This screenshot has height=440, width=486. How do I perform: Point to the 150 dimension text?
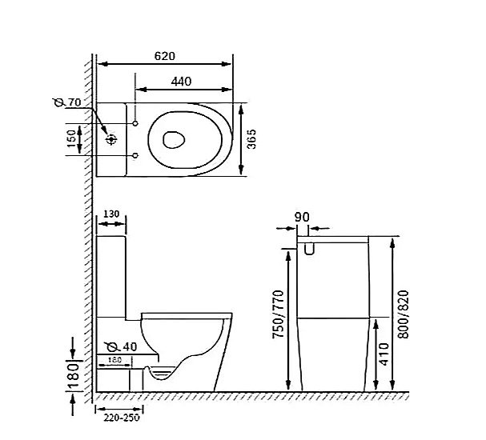point(71,140)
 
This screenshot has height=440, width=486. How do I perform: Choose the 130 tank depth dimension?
point(111,215)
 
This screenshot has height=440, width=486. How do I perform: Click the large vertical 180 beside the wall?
point(72,373)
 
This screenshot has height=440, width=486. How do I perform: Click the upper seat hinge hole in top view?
point(135,124)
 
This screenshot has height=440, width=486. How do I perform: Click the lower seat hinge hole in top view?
point(135,154)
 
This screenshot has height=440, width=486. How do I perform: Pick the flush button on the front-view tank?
point(309,250)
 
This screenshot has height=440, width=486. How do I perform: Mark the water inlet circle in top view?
point(111,139)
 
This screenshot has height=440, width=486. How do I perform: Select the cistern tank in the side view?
point(111,272)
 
